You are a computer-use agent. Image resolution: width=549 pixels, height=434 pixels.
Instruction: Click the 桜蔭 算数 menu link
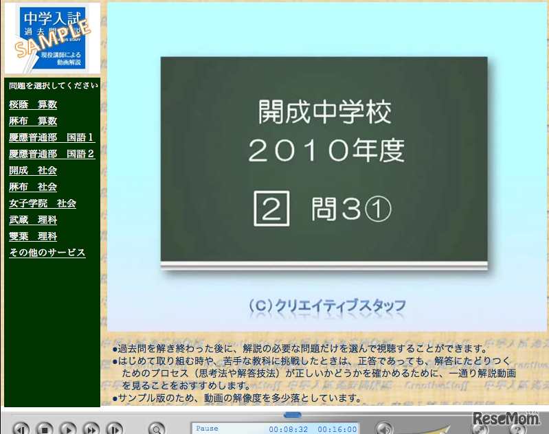(x=33, y=104)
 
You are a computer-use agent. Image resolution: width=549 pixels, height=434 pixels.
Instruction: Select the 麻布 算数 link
(x=33, y=121)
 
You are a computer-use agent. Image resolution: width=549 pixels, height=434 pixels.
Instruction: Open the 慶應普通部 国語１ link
(x=52, y=137)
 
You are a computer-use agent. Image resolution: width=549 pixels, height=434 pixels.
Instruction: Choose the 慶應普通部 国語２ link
(x=52, y=154)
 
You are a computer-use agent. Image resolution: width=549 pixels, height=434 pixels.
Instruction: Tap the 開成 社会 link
(x=33, y=170)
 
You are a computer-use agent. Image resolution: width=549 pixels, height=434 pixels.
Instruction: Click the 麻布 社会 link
(x=33, y=187)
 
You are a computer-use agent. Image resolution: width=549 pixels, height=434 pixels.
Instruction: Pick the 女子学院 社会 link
(x=43, y=203)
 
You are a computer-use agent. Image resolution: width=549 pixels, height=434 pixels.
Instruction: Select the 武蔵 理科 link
(x=33, y=220)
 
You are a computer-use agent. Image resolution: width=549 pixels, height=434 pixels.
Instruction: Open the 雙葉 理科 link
(x=33, y=236)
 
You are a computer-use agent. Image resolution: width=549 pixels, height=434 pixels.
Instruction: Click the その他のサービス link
(x=47, y=253)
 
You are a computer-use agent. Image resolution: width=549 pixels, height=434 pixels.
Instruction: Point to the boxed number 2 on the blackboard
(x=271, y=209)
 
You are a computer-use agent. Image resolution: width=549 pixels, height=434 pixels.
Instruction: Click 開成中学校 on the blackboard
(x=324, y=112)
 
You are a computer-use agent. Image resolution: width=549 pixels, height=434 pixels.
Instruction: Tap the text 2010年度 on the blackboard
(x=324, y=150)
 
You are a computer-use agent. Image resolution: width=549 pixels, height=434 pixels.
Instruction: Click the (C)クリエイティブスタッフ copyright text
(x=327, y=305)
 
